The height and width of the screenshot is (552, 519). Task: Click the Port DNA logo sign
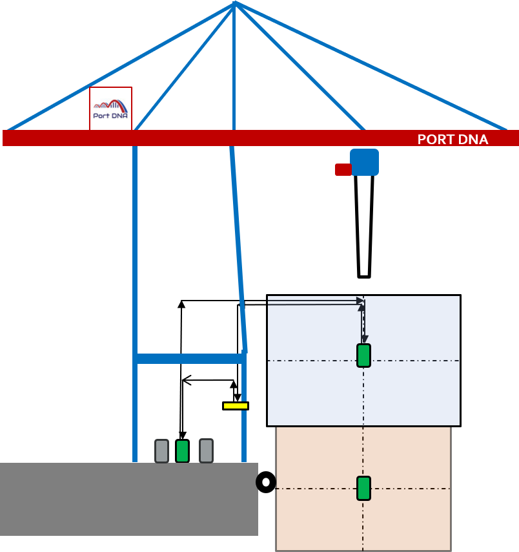point(110,109)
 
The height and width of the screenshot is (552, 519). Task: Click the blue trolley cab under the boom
point(365,162)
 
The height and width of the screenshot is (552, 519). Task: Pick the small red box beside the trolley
point(343,169)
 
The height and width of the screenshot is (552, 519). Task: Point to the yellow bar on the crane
point(236,406)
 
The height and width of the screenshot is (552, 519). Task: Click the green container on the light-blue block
point(364,356)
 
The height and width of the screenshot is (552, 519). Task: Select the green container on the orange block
point(364,488)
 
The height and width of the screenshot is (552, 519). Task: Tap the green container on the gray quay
point(182,451)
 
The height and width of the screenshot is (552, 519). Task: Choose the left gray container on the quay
point(161,451)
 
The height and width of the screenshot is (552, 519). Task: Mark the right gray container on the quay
point(206,451)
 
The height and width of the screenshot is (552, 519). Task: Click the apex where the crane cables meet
point(234,4)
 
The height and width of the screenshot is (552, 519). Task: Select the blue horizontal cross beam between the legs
point(189,358)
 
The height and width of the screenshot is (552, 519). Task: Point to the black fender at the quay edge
point(259,482)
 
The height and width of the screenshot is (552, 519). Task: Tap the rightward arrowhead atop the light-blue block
point(360,301)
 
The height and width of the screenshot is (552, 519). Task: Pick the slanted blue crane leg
point(239,252)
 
